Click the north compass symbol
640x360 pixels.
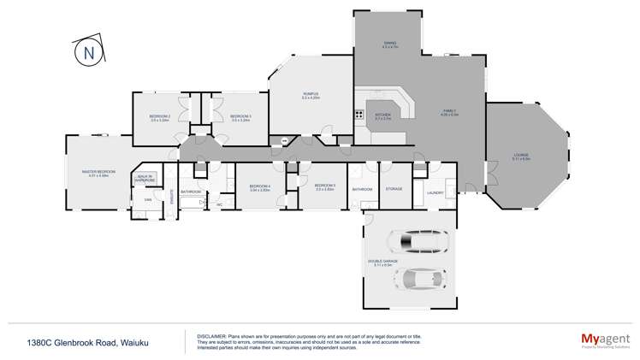coord(88,54)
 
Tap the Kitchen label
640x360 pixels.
coord(383,115)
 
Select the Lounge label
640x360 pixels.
coord(521,156)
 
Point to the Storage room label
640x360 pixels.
coord(394,188)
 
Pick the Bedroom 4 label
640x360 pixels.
coord(260,187)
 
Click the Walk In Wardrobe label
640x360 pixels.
coord(145,179)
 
